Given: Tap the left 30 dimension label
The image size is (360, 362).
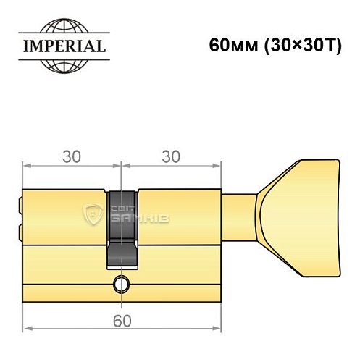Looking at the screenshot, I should [x=71, y=156].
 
